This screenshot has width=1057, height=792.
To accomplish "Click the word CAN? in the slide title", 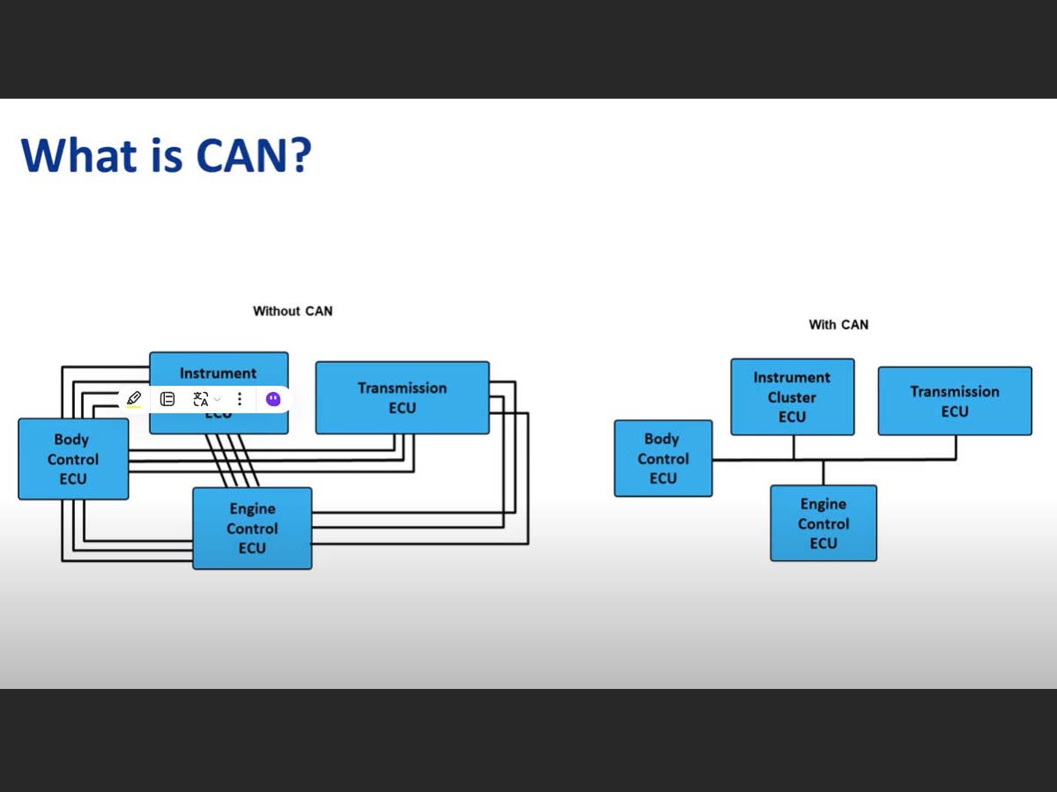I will point(254,154).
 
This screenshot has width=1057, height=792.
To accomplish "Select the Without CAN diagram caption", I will point(293,311).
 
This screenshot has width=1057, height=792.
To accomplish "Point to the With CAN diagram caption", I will point(838,325).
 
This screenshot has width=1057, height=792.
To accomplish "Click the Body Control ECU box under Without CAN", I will point(73,459).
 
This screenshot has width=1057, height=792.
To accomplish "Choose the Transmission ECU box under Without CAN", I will point(402,397).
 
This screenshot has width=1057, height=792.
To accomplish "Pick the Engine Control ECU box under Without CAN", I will point(252,529).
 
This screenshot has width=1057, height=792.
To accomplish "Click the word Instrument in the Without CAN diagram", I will point(218,373).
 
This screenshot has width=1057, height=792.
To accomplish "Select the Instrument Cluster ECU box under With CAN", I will point(792,396).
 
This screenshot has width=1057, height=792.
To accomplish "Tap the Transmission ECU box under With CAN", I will point(955,401).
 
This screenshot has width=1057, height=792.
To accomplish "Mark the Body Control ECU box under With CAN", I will point(663,458).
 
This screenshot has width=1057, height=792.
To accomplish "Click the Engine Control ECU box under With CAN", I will point(823,523).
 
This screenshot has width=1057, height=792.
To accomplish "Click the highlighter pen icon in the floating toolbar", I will point(134,399).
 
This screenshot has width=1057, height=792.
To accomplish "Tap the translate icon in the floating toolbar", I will point(201,399).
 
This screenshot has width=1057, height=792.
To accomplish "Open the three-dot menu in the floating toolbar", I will point(239,399).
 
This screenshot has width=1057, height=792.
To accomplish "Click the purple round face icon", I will point(273,399).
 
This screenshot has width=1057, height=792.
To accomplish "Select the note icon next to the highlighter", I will point(167,399).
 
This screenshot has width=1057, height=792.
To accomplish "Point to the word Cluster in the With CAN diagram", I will point(792,397).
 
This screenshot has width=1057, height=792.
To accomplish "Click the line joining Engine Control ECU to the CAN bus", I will point(823,472).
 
